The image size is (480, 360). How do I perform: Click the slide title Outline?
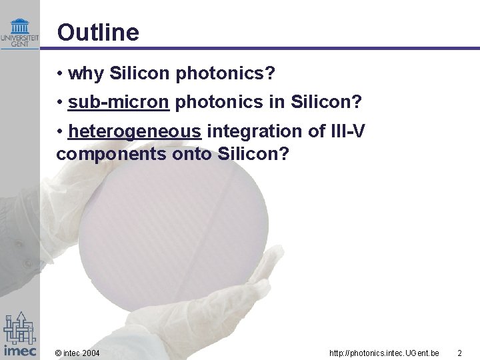(98, 32)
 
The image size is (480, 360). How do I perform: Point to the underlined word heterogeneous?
(134, 132)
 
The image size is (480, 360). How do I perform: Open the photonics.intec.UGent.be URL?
(384, 352)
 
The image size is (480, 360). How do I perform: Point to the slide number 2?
(459, 352)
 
